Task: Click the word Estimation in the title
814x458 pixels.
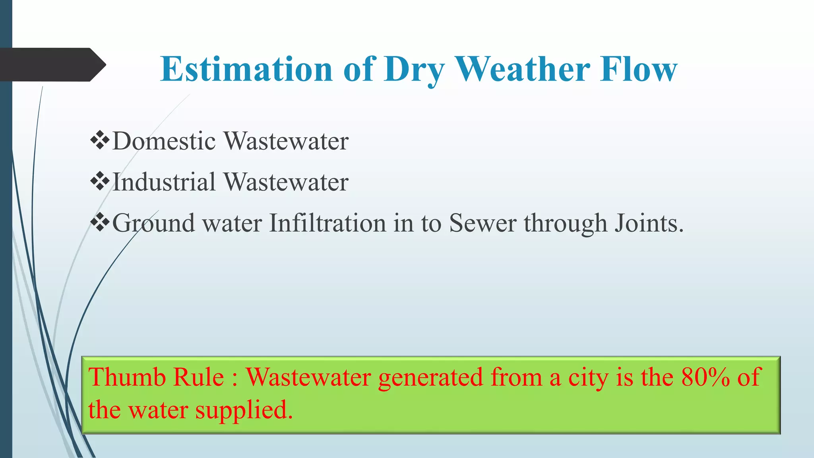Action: pyautogui.click(x=246, y=69)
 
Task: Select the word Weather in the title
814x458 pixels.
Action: pyautogui.click(x=522, y=69)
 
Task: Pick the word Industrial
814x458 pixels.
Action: pyautogui.click(x=164, y=182)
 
